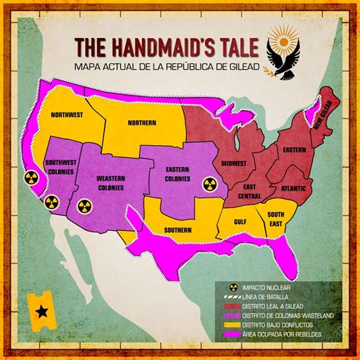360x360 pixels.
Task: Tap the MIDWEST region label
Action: point(233,164)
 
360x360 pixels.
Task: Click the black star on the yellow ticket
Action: point(39,311)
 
